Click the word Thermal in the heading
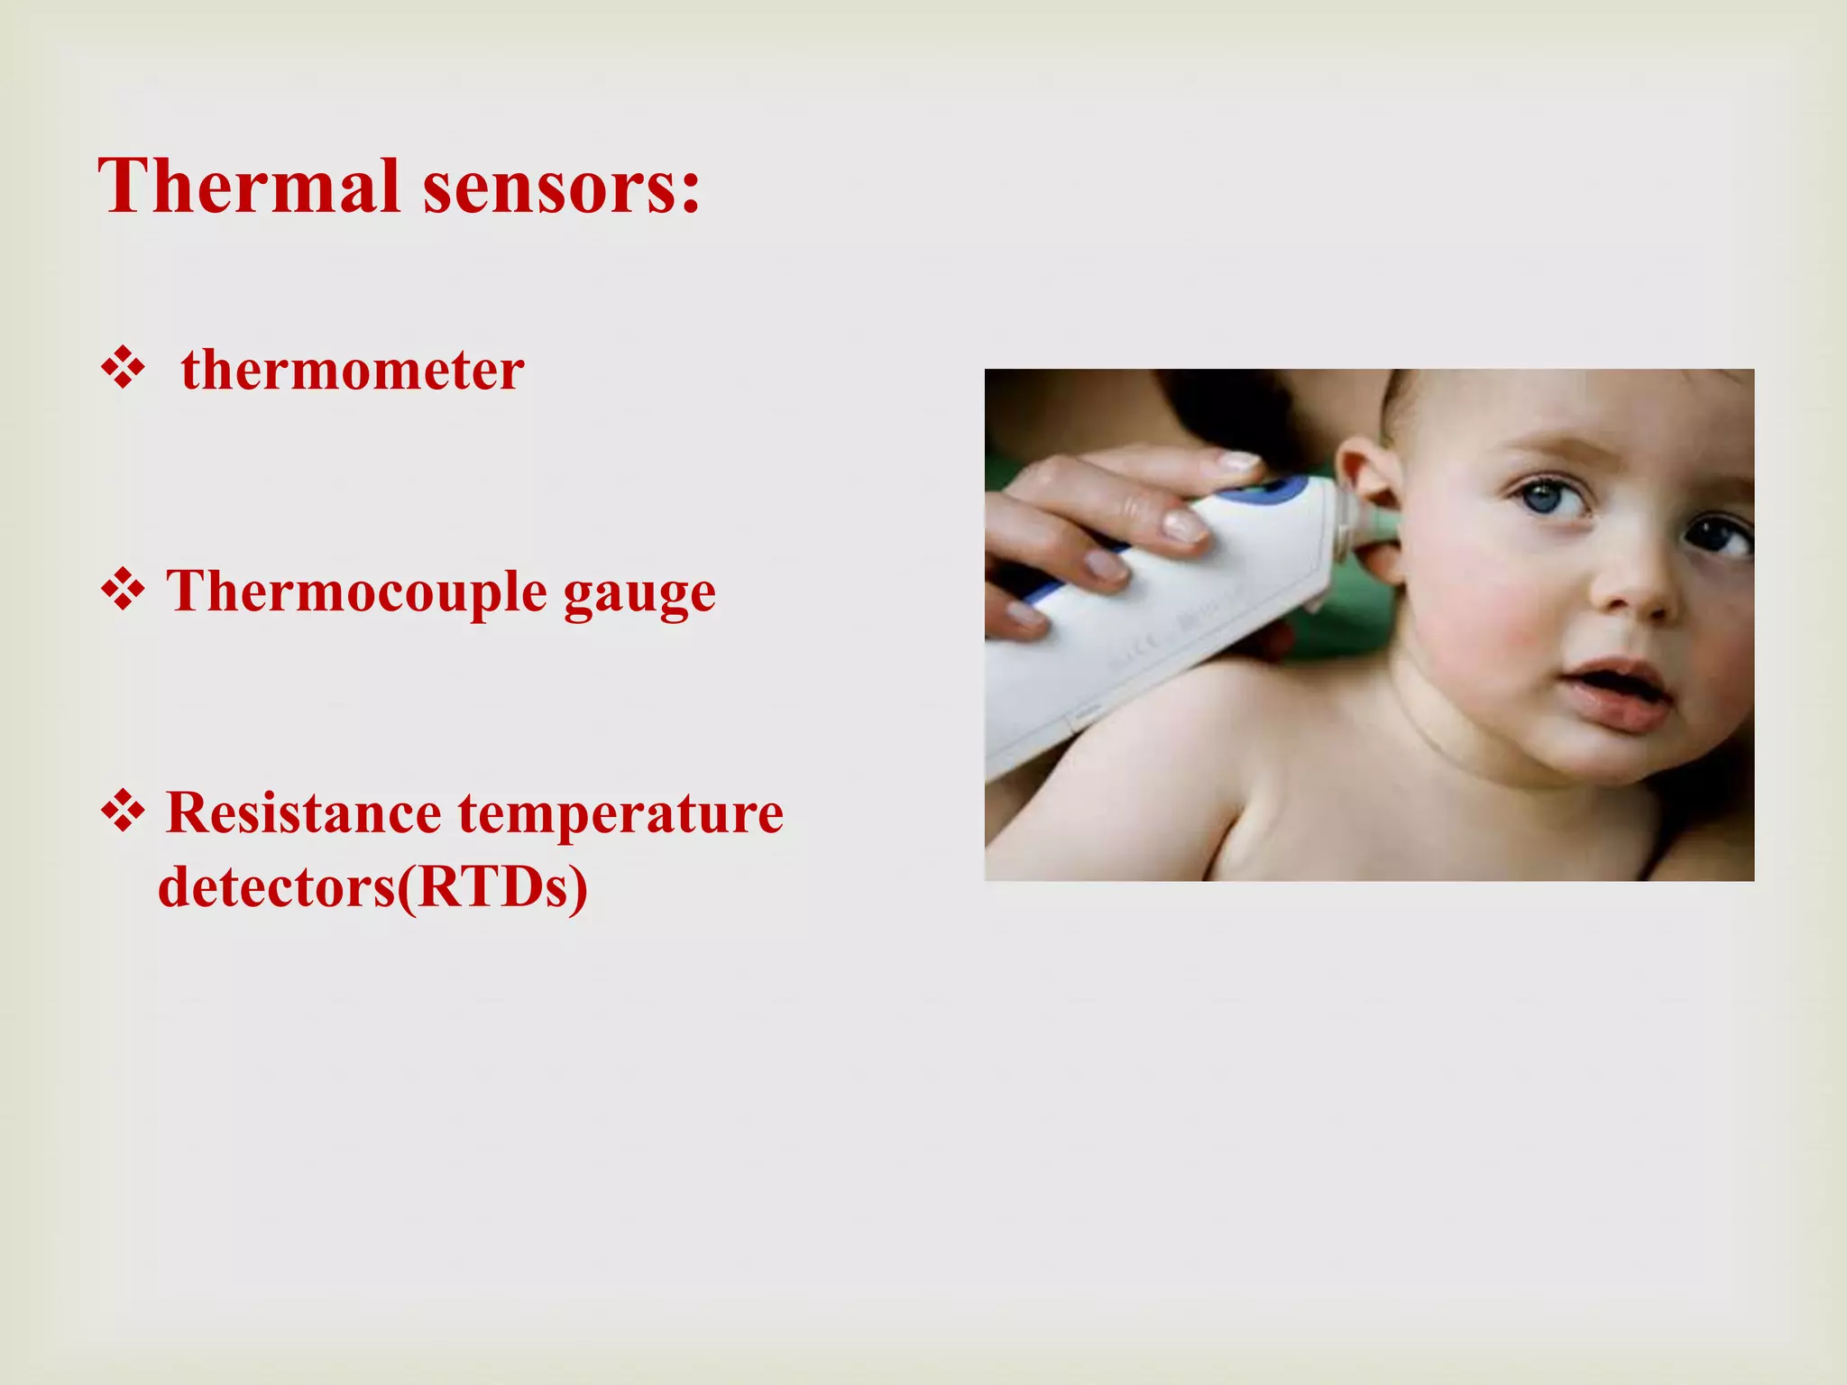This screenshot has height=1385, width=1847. point(248,187)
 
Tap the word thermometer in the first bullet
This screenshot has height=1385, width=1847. point(353,370)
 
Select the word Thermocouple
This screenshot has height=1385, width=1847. point(357,592)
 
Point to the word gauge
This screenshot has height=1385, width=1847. point(639,595)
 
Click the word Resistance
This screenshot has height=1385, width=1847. point(303,813)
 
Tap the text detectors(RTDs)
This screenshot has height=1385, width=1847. point(372,887)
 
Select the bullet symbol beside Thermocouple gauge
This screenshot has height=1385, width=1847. point(123,592)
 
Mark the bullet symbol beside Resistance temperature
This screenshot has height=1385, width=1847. point(123,812)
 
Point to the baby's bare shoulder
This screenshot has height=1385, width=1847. point(1172,766)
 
